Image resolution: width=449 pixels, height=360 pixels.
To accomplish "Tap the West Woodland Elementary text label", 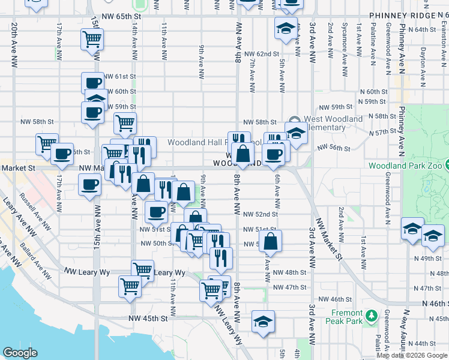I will click(x=334, y=123).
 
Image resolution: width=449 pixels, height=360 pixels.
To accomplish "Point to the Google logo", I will click(x=20, y=353).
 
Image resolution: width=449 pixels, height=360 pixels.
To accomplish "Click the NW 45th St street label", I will click(x=148, y=318).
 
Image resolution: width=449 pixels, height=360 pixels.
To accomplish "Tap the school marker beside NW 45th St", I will click(x=263, y=322).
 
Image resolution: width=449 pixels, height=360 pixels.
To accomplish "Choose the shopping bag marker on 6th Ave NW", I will click(x=271, y=241).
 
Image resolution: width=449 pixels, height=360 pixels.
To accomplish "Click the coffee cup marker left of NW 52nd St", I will click(x=156, y=211).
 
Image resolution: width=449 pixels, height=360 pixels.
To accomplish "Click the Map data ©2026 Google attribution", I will click(x=411, y=355).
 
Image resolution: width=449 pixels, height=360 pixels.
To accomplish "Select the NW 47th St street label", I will click(x=289, y=287).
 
